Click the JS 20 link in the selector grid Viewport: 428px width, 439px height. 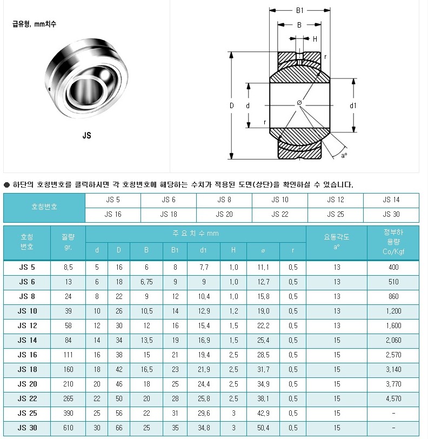point(224,215)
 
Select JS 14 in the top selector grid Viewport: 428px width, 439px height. point(391,200)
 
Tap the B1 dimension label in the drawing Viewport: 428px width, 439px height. point(300,11)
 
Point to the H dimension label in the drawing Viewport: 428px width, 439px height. point(315,39)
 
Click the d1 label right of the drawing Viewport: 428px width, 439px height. point(353,105)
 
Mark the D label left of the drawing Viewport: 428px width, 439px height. point(231,105)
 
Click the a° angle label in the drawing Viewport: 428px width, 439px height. point(344,155)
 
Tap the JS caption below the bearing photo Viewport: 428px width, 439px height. point(87,136)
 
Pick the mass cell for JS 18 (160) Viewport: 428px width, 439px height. point(68,370)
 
